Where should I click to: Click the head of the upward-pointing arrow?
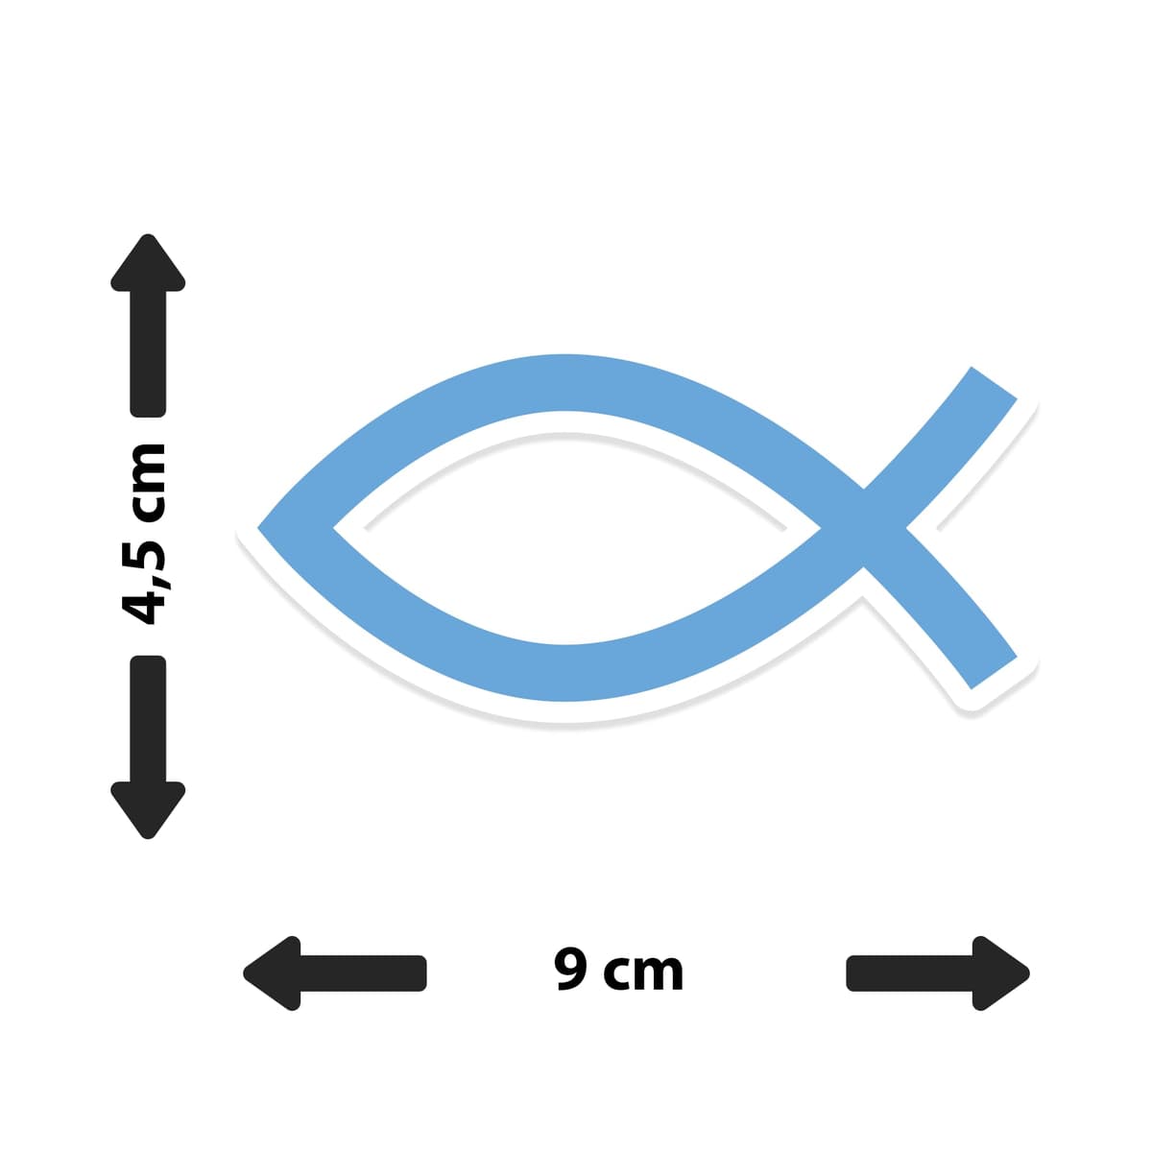(148, 264)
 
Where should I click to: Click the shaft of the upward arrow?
(148, 354)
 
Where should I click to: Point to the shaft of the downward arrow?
(148, 719)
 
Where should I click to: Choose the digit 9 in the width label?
(571, 969)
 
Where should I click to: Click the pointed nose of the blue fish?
(259, 528)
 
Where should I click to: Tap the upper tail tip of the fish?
(994, 383)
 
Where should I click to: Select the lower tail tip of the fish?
(994, 673)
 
